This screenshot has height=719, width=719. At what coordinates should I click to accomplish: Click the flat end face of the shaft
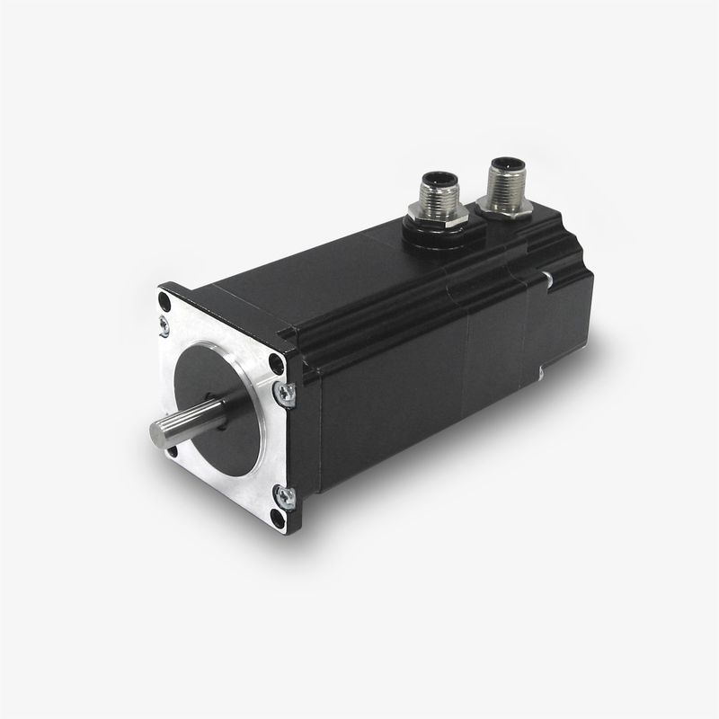coord(159,435)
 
